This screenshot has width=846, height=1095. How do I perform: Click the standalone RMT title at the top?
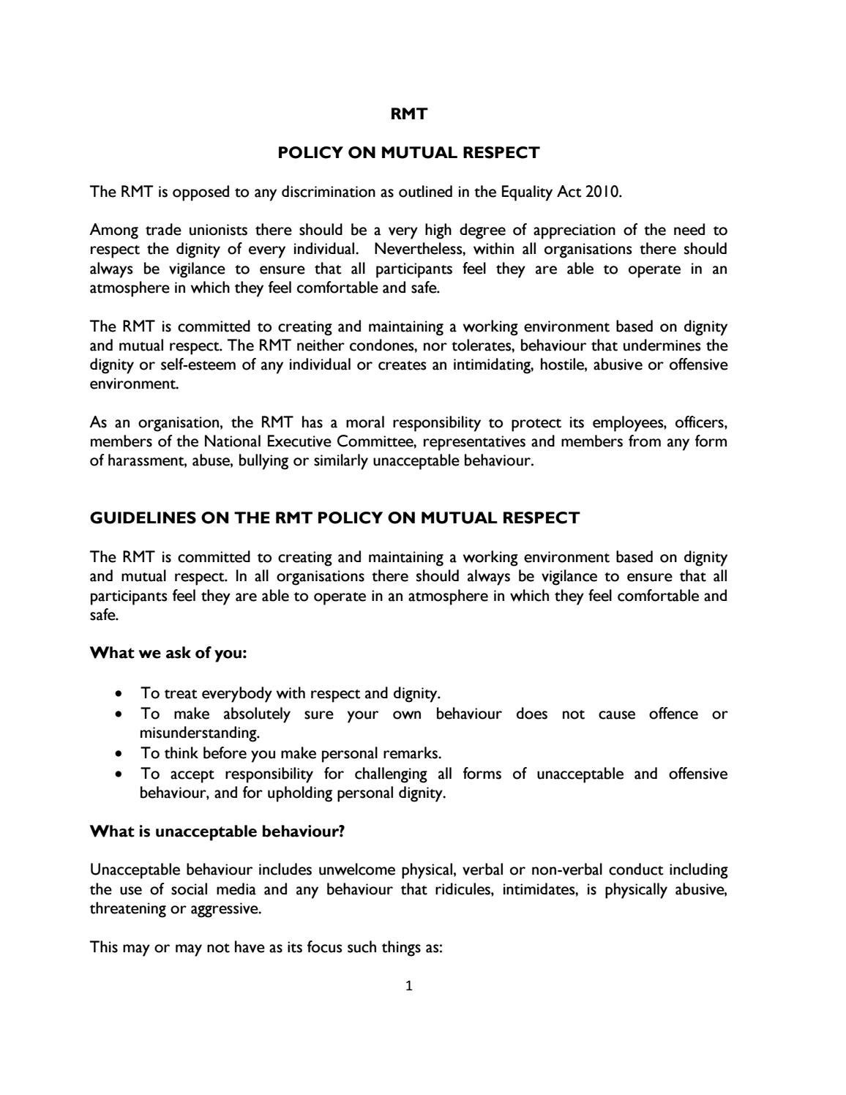point(408,114)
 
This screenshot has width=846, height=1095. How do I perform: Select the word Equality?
point(527,193)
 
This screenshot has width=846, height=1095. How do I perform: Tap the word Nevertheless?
point(421,250)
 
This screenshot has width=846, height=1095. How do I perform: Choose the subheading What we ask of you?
point(168,653)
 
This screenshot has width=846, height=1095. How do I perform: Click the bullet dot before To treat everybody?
point(119,693)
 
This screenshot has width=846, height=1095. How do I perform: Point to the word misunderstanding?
point(199,733)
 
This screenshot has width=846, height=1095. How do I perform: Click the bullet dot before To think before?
point(119,753)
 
